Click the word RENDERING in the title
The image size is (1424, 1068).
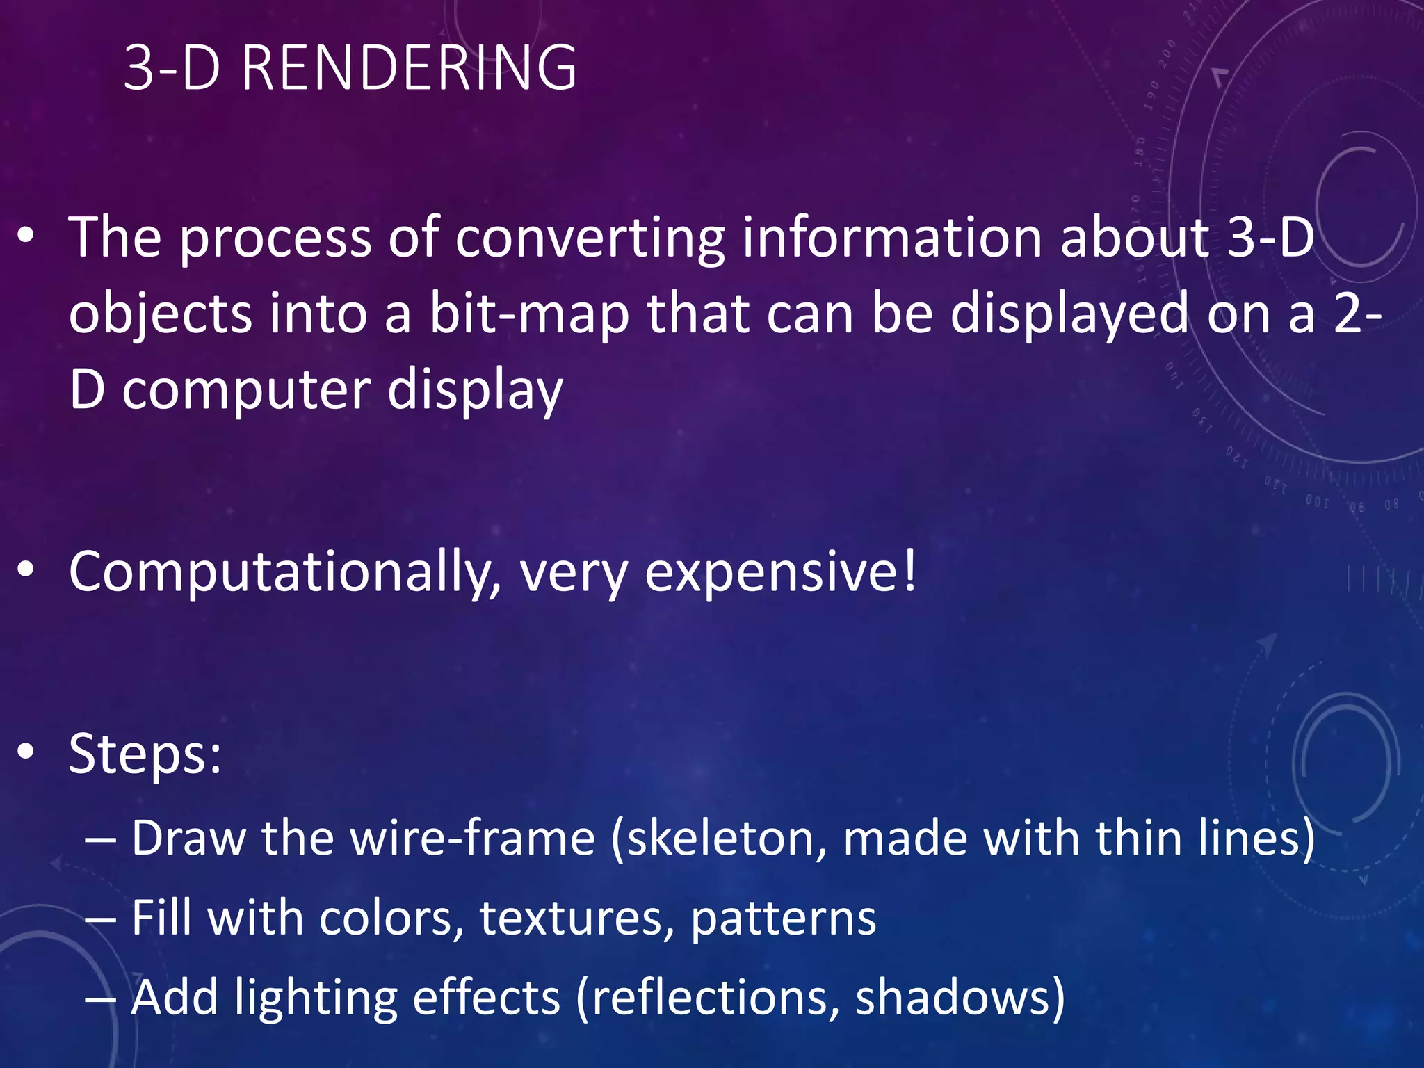click(409, 68)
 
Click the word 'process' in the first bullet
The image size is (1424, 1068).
click(275, 239)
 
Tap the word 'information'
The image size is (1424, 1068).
click(892, 238)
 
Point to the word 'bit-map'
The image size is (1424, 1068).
click(528, 314)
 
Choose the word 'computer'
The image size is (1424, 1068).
click(246, 391)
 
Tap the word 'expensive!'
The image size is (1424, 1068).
click(781, 573)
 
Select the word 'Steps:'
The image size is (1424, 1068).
click(145, 754)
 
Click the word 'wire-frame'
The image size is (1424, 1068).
click(473, 838)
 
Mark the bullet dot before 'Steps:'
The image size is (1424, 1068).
click(26, 752)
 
